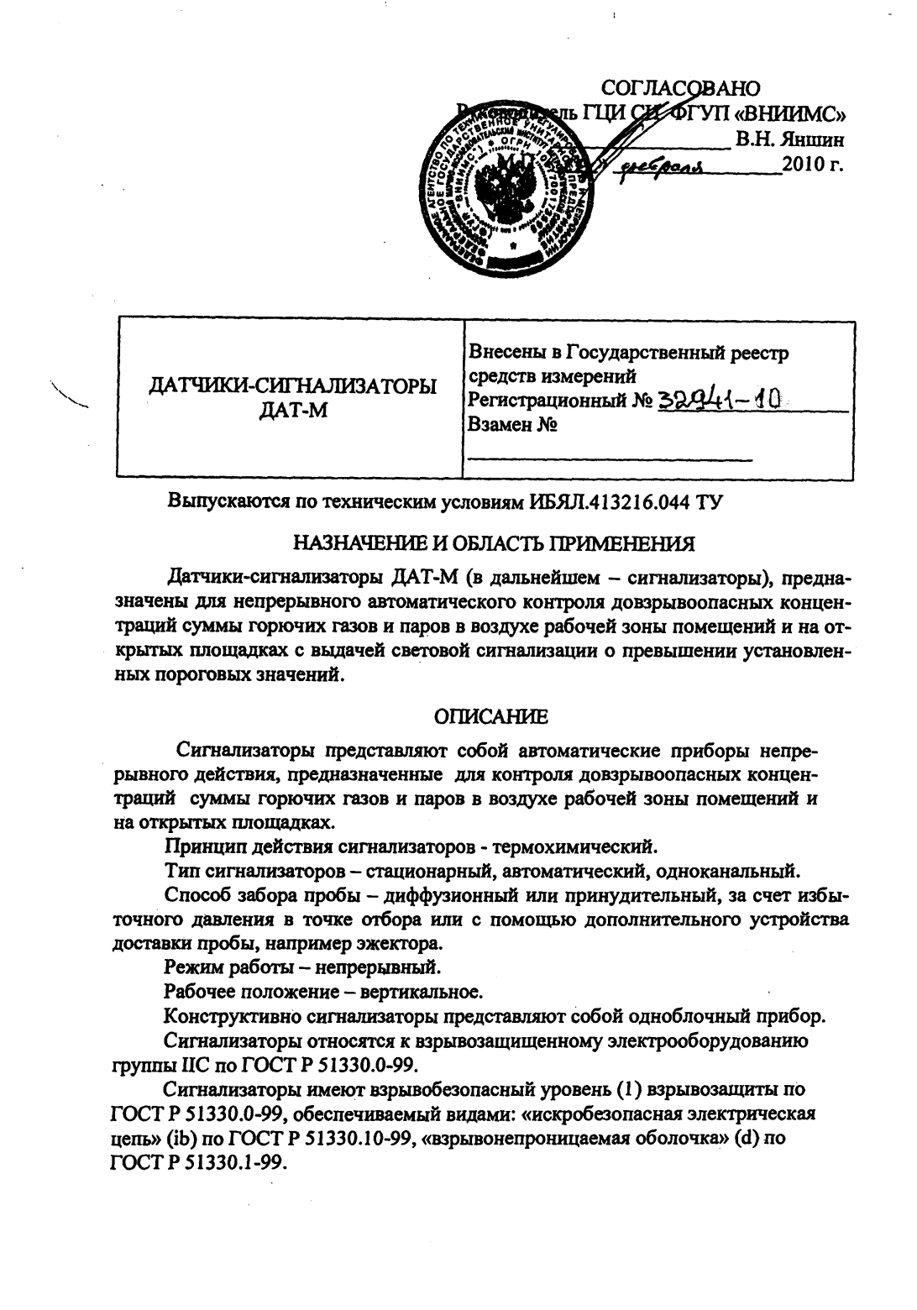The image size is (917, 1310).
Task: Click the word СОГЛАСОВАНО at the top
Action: point(681,88)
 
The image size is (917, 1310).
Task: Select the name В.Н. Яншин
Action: point(790,139)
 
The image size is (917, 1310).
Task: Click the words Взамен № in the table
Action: point(513,424)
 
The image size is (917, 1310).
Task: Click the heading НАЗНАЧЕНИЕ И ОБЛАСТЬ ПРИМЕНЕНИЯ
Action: point(493,543)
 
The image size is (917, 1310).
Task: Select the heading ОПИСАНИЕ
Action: point(490,715)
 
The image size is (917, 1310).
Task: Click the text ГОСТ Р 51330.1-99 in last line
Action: point(199,1164)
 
